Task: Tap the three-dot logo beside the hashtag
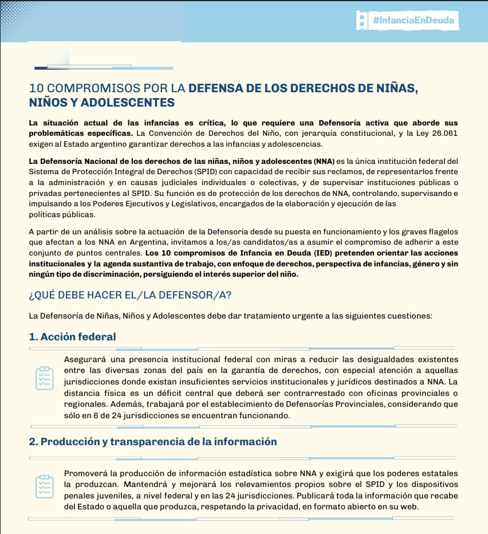(x=361, y=20)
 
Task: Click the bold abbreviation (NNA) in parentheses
(x=324, y=161)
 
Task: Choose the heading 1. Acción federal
(x=72, y=336)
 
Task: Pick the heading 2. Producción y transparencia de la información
(x=153, y=442)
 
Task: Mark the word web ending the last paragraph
(x=411, y=507)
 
